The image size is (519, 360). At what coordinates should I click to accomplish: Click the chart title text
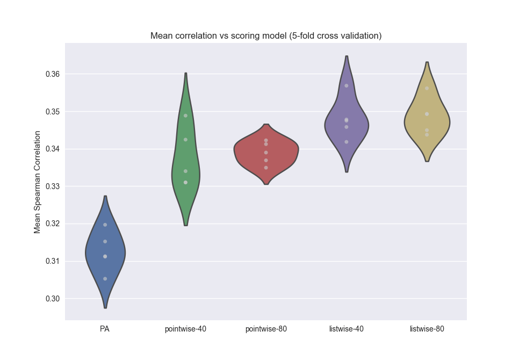[x=266, y=36]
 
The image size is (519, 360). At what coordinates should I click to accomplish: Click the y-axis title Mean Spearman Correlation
[x=38, y=182]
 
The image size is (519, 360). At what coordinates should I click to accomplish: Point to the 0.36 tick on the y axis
[x=52, y=74]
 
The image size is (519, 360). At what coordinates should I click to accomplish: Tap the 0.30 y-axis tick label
[x=52, y=298]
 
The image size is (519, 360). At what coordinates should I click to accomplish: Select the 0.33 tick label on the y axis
[x=52, y=186]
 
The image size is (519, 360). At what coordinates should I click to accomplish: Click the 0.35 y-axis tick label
[x=52, y=111]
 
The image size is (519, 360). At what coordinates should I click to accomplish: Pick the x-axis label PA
[x=105, y=329]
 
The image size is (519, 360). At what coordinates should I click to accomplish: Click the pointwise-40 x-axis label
[x=185, y=329]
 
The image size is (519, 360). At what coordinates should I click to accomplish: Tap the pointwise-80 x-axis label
[x=266, y=329]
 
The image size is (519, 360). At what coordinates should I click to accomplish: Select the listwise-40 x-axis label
[x=347, y=329]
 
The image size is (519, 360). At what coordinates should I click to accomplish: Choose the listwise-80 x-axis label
[x=427, y=329]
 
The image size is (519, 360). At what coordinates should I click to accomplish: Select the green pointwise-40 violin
[x=186, y=161]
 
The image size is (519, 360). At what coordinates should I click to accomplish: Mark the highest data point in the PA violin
[x=105, y=225]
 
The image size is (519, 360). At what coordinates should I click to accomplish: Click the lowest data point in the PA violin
[x=105, y=278]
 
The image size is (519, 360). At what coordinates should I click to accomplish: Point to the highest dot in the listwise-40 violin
[x=347, y=85]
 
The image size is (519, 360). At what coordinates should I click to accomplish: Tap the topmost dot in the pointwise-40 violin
[x=185, y=116]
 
